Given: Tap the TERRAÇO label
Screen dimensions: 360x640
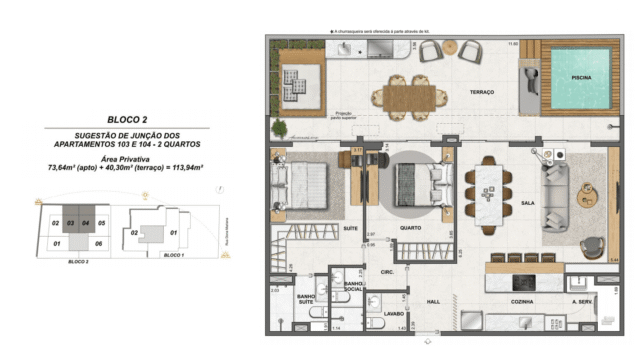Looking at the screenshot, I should point(483,92).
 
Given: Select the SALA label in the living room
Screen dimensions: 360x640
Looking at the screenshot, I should point(527,202).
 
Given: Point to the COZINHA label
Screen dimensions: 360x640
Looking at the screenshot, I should point(520,300).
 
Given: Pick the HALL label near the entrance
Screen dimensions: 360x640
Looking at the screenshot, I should point(433,300).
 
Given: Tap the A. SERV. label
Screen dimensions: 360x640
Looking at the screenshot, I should point(583,300).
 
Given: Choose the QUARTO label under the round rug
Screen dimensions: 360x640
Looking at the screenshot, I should point(410,226).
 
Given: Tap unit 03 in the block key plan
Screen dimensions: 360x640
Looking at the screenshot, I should point(70,222).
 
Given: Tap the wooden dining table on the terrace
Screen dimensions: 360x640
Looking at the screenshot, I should point(410,95).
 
